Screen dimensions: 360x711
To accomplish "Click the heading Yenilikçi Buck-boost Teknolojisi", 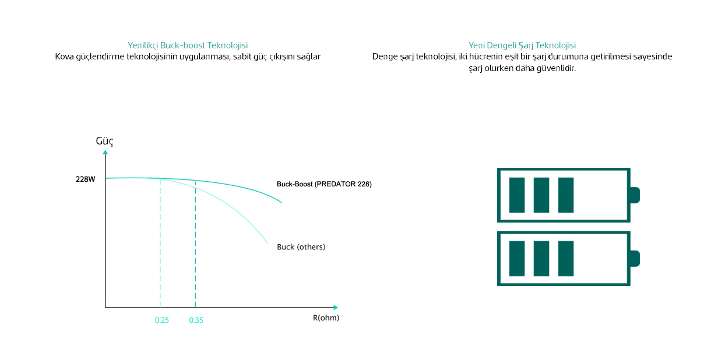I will [x=188, y=45].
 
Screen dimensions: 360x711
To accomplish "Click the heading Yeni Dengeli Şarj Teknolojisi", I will [x=522, y=45].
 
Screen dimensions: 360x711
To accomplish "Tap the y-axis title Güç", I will [x=104, y=142].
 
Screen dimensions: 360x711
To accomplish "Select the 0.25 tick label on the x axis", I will [x=162, y=320].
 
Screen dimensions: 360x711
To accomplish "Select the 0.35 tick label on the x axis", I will [x=196, y=320].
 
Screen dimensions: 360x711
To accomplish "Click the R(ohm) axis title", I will [x=326, y=318].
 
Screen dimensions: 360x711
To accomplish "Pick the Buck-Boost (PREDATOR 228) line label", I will [x=324, y=184].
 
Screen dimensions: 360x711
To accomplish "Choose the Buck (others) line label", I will [x=301, y=247].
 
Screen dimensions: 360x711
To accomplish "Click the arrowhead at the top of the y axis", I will [x=105, y=153].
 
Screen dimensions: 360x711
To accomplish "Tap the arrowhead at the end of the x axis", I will [x=335, y=307].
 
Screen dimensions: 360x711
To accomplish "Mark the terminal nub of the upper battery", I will [x=635, y=195].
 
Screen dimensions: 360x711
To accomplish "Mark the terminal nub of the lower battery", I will [x=635, y=259].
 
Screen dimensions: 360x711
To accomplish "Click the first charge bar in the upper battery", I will [x=517, y=195].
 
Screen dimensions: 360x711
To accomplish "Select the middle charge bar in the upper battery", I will [x=541, y=195].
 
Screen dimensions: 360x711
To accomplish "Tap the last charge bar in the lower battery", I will [x=566, y=259].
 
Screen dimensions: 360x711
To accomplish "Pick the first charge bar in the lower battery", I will [x=517, y=259].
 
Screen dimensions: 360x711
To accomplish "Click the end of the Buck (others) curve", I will [x=267, y=242].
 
